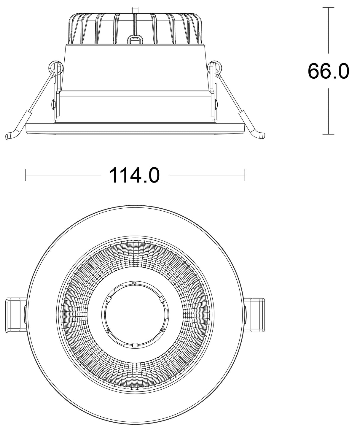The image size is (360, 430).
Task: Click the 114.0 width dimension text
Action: tap(135, 175)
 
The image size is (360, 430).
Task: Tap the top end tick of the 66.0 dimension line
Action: tap(328, 7)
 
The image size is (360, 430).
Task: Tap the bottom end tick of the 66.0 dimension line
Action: tap(328, 134)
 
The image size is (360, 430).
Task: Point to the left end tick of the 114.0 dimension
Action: tap(26, 175)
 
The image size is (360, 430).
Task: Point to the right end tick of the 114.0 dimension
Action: tap(245, 175)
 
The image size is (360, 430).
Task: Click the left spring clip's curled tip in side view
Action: tap(9, 136)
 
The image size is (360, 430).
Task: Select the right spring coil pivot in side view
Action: tap(215, 67)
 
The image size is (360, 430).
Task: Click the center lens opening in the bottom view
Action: tap(135, 315)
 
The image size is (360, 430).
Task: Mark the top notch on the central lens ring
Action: tap(134, 284)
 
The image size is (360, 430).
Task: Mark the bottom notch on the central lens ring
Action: tap(135, 345)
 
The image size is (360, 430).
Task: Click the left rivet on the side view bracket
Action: tap(53, 104)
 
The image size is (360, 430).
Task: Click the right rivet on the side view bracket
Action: tap(216, 104)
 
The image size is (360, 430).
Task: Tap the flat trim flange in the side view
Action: tap(135, 128)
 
